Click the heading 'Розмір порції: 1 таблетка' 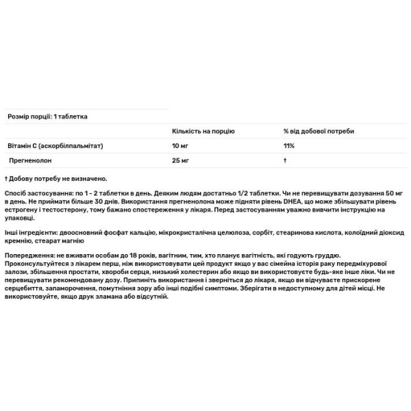pos(47,116)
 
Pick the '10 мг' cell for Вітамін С pos(177,146)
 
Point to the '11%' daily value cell pos(289,146)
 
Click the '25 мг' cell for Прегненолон pos(177,160)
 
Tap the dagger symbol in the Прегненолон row pos(284,160)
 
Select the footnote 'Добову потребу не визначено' pos(58,177)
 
